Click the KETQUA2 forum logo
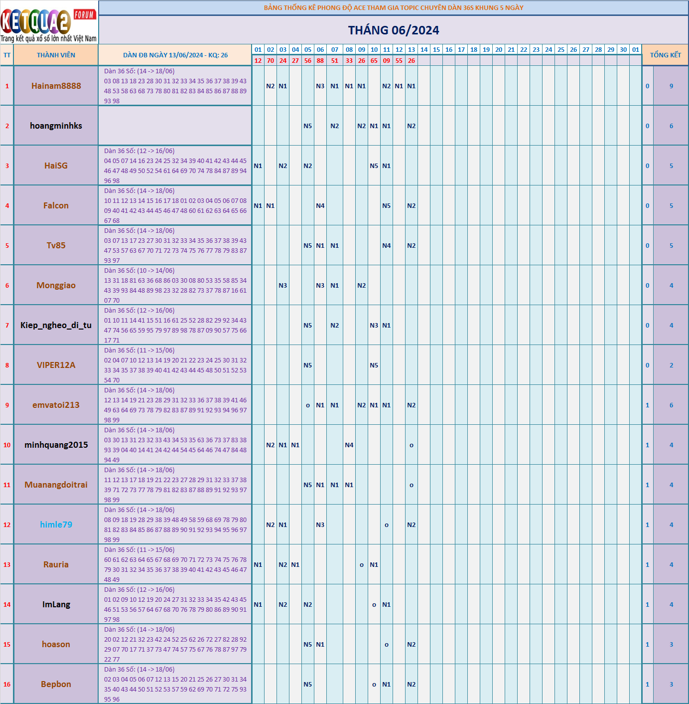(x=49, y=22)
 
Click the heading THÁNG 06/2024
(x=393, y=30)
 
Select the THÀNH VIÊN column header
(x=56, y=55)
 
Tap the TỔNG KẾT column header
(x=665, y=55)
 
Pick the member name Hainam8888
(x=56, y=86)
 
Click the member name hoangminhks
(x=56, y=126)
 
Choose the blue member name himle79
(x=56, y=525)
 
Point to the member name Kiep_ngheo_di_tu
(x=56, y=325)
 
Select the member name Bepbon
(x=56, y=684)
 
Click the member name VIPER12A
(x=56, y=365)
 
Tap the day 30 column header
(x=623, y=50)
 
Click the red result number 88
(x=320, y=61)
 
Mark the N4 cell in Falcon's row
(x=320, y=205)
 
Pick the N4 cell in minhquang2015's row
(x=349, y=445)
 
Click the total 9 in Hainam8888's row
(x=671, y=86)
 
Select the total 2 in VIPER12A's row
(x=671, y=365)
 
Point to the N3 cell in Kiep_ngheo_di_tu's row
(x=374, y=325)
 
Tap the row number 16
(x=7, y=684)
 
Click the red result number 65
(x=374, y=61)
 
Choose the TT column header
(x=7, y=55)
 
